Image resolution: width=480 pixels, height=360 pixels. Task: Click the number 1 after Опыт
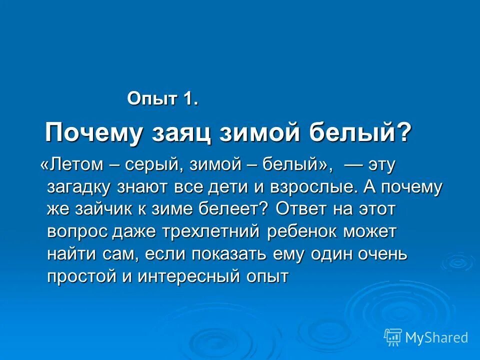[x=190, y=98]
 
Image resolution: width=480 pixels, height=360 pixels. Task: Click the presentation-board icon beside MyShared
[x=393, y=337]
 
